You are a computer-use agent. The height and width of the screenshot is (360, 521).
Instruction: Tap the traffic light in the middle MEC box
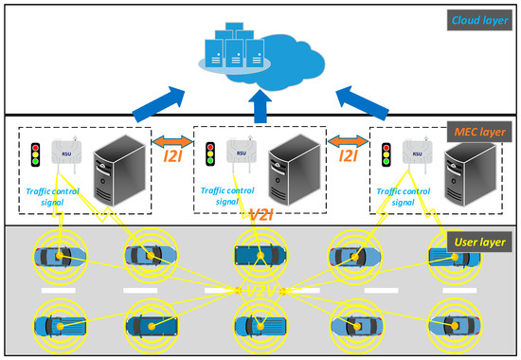210,154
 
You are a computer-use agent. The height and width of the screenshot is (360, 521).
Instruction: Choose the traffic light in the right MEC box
386,155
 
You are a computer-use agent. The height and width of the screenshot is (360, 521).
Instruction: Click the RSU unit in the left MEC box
65,154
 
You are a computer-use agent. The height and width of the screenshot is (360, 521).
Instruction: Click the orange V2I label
260,216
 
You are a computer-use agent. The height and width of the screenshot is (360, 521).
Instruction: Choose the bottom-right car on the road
449,325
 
